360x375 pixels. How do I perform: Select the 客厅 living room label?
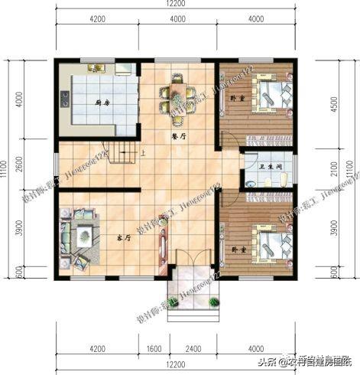(123, 237)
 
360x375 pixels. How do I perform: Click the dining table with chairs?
(177, 98)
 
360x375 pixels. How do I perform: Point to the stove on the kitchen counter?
(65, 99)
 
